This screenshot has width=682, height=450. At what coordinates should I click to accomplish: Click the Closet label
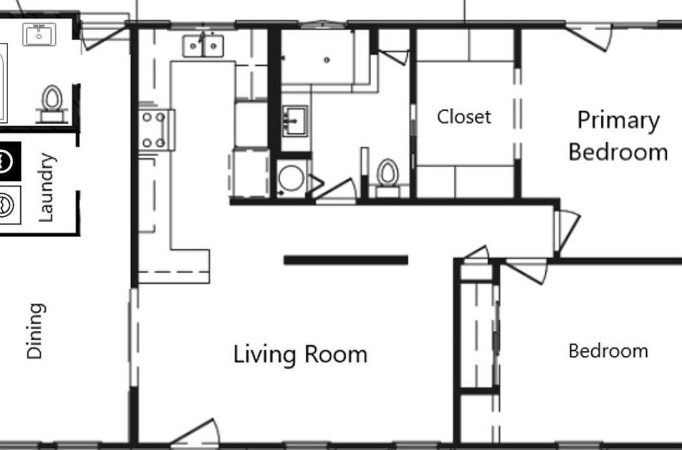tap(464, 116)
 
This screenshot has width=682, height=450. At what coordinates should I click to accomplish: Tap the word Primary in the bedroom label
tap(618, 120)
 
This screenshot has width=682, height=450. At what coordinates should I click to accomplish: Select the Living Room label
tap(301, 353)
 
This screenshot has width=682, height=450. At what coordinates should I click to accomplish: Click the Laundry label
tap(46, 187)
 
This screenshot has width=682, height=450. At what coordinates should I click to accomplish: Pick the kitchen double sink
tap(203, 45)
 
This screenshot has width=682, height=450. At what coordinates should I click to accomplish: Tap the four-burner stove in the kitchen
tap(156, 129)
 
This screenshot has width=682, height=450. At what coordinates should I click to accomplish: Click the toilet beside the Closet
tap(387, 173)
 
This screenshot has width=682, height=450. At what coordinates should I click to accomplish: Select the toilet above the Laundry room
tap(52, 99)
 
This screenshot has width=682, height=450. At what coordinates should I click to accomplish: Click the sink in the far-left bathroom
tap(39, 33)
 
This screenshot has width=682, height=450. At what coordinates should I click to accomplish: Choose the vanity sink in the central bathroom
tap(294, 121)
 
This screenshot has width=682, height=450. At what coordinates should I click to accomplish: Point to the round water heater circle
tap(291, 178)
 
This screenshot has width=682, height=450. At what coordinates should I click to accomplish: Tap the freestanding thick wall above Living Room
tap(345, 260)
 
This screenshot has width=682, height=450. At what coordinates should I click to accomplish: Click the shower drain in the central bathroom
tap(326, 60)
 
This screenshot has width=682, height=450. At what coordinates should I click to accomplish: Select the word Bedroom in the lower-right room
tap(608, 350)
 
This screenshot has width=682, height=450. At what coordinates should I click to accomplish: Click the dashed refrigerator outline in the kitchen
tap(248, 173)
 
